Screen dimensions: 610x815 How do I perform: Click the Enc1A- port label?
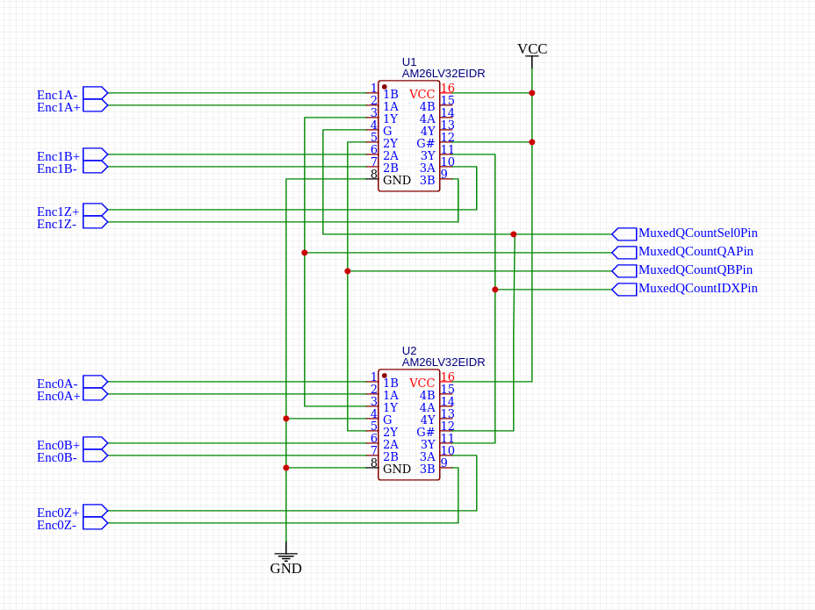click(57, 95)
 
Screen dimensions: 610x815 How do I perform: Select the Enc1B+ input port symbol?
click(95, 154)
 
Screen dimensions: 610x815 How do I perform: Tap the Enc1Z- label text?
click(57, 224)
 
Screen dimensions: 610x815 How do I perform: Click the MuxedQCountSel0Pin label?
click(697, 233)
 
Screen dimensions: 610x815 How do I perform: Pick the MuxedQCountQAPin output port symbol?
click(624, 253)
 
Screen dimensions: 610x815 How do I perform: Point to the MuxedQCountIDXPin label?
click(697, 289)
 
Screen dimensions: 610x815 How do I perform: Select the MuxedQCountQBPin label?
click(695, 270)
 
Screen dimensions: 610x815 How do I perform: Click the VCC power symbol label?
click(532, 49)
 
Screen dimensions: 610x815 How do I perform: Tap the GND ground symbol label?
click(285, 569)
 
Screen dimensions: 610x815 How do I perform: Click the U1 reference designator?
click(409, 62)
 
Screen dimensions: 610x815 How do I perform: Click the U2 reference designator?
click(409, 351)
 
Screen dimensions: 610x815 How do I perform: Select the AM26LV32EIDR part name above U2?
click(443, 362)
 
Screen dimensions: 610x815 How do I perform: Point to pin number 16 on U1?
click(448, 89)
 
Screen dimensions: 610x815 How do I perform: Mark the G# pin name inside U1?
click(425, 143)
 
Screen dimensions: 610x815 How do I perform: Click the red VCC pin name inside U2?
click(422, 384)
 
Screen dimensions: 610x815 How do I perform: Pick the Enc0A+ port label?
click(58, 396)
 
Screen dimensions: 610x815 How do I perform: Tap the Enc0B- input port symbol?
click(95, 456)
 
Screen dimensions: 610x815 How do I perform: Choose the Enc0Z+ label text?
click(58, 513)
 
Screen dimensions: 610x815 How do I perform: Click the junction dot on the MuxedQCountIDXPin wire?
click(495, 290)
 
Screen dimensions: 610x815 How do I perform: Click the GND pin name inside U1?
click(397, 180)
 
